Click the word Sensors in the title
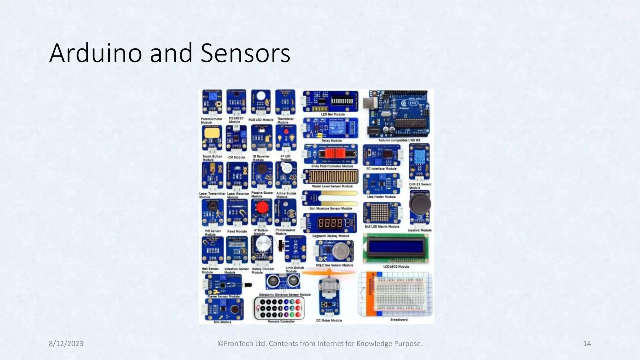pos(245,53)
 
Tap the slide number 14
pos(587,344)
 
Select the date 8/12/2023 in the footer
pos(66,344)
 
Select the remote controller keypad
pos(279,308)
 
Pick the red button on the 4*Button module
pos(262,207)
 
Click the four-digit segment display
pos(330,223)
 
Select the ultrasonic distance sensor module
pos(283,282)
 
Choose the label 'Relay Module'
pos(332,141)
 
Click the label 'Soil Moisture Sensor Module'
pos(331,208)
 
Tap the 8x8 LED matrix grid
pos(379,212)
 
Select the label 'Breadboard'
pos(399,320)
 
